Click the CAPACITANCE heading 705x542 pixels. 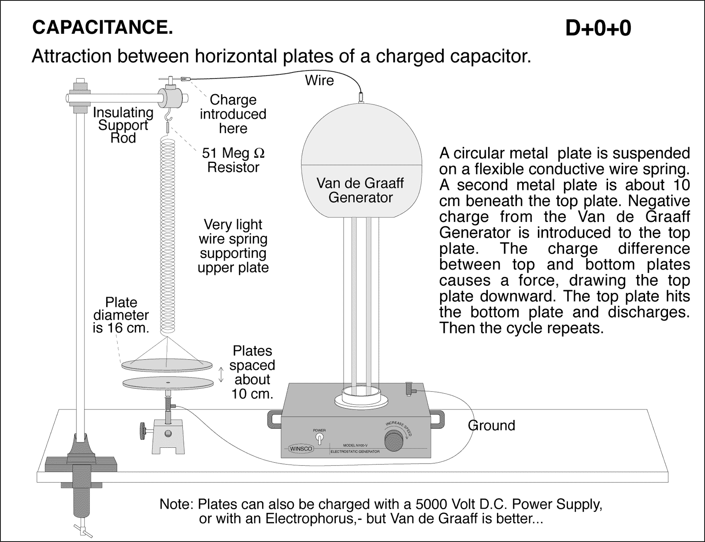coord(102,28)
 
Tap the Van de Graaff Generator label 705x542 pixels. coord(360,190)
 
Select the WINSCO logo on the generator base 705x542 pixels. coord(301,449)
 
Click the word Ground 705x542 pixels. coord(491,425)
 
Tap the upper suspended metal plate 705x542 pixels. coord(166,365)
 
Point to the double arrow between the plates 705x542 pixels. coord(221,374)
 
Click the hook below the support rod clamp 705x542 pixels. coord(168,117)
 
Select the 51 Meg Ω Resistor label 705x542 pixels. coord(233,160)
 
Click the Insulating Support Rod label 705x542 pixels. coord(123,125)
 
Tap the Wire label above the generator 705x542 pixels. coord(319,81)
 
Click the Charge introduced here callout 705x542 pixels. coord(233,114)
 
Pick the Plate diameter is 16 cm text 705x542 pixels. coord(121,315)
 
